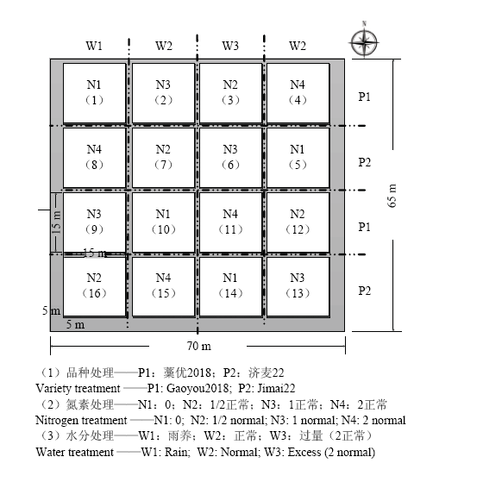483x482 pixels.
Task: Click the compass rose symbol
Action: pyautogui.click(x=364, y=41)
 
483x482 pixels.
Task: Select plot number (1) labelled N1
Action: pyautogui.click(x=95, y=93)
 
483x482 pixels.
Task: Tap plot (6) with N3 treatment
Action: pyautogui.click(x=231, y=158)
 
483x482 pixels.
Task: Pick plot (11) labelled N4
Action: pyautogui.click(x=231, y=222)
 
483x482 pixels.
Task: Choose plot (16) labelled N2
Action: pyautogui.click(x=95, y=287)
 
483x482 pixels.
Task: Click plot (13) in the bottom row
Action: pyautogui.click(x=298, y=287)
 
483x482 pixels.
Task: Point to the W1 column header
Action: pyautogui.click(x=94, y=46)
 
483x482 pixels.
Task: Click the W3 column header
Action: pyautogui.click(x=230, y=46)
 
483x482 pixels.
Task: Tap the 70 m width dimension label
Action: pyautogui.click(x=199, y=346)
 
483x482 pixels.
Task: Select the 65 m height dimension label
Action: pyautogui.click(x=392, y=196)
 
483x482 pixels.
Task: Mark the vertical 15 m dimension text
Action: pyautogui.click(x=57, y=222)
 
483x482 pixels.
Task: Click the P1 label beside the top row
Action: pyautogui.click(x=364, y=97)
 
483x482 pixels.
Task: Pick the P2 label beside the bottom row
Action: pyautogui.click(x=364, y=291)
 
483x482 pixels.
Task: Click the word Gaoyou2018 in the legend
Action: pyautogui.click(x=198, y=388)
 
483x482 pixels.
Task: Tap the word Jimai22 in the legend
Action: pyautogui.click(x=276, y=388)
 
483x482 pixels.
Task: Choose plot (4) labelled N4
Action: pyautogui.click(x=298, y=93)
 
